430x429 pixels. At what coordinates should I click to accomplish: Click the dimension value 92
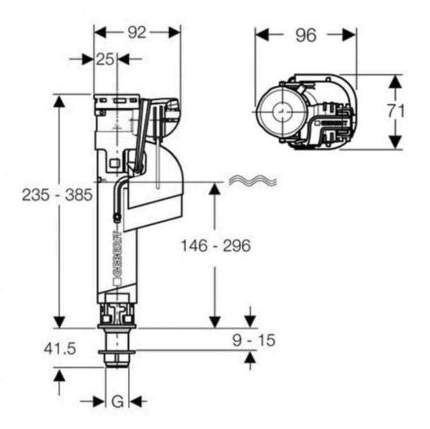(137, 33)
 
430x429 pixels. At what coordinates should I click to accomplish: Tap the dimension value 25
(105, 59)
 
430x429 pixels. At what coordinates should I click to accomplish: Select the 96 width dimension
(306, 35)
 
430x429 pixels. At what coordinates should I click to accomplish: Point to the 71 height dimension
(396, 111)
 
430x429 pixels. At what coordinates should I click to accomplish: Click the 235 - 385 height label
(57, 195)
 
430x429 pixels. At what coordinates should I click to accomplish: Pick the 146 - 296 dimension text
(216, 246)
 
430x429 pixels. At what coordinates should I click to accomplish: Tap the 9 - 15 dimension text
(254, 340)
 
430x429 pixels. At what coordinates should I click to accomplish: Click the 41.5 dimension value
(60, 349)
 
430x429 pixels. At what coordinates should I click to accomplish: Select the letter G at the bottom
(118, 402)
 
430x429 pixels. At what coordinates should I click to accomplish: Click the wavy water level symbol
(253, 180)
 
